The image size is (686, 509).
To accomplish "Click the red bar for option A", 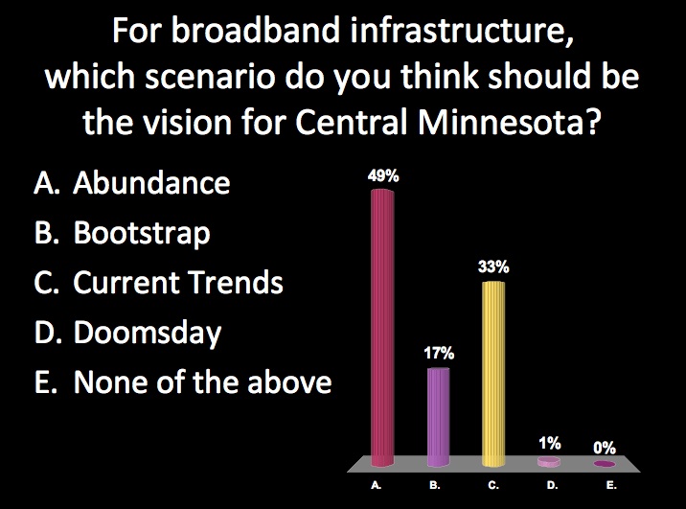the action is click(382, 328).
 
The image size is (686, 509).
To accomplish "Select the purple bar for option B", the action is click(438, 417).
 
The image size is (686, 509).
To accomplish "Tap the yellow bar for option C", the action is click(493, 374).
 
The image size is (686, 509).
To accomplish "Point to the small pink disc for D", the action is click(549, 461).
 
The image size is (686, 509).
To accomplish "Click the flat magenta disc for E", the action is click(605, 464).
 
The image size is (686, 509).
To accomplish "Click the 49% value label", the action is click(383, 176).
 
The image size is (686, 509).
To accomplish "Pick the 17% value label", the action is click(439, 353).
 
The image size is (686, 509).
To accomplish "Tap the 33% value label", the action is click(493, 266).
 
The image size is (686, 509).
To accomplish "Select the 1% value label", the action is click(550, 444).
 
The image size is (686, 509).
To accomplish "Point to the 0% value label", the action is click(605, 448).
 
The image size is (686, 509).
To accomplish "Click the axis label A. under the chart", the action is click(377, 485).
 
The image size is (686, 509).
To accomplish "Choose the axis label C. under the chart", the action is click(493, 485).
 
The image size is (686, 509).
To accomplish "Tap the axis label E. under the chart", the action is click(611, 485).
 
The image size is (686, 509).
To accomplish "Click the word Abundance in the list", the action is click(151, 182).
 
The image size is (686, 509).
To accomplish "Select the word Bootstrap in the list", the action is click(142, 233).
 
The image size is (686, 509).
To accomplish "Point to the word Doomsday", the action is click(148, 333).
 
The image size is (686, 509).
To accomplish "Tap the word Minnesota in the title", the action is click(508, 121).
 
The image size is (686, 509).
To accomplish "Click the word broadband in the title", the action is click(257, 30).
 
